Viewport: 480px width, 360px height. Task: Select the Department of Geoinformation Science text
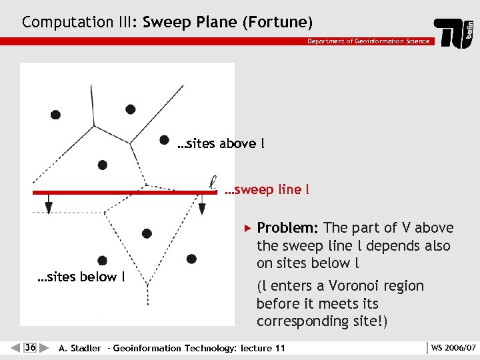pyautogui.click(x=368, y=41)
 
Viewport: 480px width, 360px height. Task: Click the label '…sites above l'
pyautogui.click(x=221, y=143)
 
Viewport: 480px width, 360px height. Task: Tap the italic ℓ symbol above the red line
pyautogui.click(x=213, y=181)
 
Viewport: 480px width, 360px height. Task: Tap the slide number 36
pyautogui.click(x=30, y=347)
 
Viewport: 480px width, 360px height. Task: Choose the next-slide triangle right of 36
pyautogui.click(x=44, y=347)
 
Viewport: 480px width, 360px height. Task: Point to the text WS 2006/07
pyautogui.click(x=453, y=347)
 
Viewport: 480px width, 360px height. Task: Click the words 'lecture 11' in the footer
pyautogui.click(x=263, y=348)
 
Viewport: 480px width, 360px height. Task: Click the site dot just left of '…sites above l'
pyautogui.click(x=163, y=139)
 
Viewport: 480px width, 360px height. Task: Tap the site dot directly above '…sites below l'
pyautogui.click(x=102, y=261)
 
